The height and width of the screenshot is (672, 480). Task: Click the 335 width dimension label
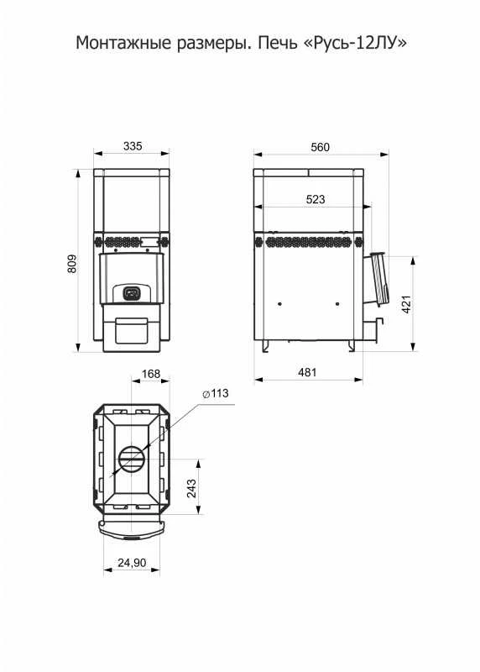[133, 146]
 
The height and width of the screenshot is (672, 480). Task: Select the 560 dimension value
[320, 148]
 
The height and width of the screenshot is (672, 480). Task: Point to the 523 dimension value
[316, 199]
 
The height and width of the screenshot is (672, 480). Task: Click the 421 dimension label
[406, 304]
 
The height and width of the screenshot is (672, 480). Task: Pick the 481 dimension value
[307, 372]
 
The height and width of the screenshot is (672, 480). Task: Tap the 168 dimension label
[151, 374]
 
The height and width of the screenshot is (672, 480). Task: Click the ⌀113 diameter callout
[216, 393]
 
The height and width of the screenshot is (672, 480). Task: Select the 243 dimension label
[191, 488]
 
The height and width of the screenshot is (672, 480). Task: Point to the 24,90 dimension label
[132, 563]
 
